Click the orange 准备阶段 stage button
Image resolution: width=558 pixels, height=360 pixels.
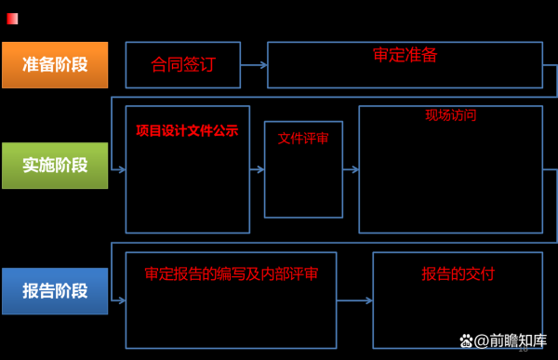click(55, 65)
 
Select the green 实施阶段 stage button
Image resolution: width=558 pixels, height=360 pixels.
click(55, 166)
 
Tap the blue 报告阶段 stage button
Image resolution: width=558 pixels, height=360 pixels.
click(55, 290)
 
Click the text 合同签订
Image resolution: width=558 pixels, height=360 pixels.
click(183, 64)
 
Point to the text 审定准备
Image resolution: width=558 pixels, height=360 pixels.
click(405, 55)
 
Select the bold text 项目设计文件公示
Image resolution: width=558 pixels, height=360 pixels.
click(187, 131)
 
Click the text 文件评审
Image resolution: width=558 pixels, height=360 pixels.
click(303, 139)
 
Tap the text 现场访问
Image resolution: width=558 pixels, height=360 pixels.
click(451, 115)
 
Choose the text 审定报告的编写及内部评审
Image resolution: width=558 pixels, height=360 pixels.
click(232, 274)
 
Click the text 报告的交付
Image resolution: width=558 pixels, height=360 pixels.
click(458, 274)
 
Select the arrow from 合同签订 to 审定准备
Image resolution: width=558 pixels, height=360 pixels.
click(254, 65)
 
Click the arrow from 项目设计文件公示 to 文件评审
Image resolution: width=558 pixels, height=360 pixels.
click(257, 169)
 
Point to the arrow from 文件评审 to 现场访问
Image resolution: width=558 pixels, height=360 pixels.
click(351, 169)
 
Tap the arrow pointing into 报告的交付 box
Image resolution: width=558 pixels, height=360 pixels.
click(354, 300)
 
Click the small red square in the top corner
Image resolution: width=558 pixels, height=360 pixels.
click(12, 18)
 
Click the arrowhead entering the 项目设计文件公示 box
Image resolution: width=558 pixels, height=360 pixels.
click(121, 169)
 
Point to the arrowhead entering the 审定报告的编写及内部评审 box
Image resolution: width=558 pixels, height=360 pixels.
click(121, 300)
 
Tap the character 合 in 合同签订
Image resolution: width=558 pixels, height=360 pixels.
click(159, 64)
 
